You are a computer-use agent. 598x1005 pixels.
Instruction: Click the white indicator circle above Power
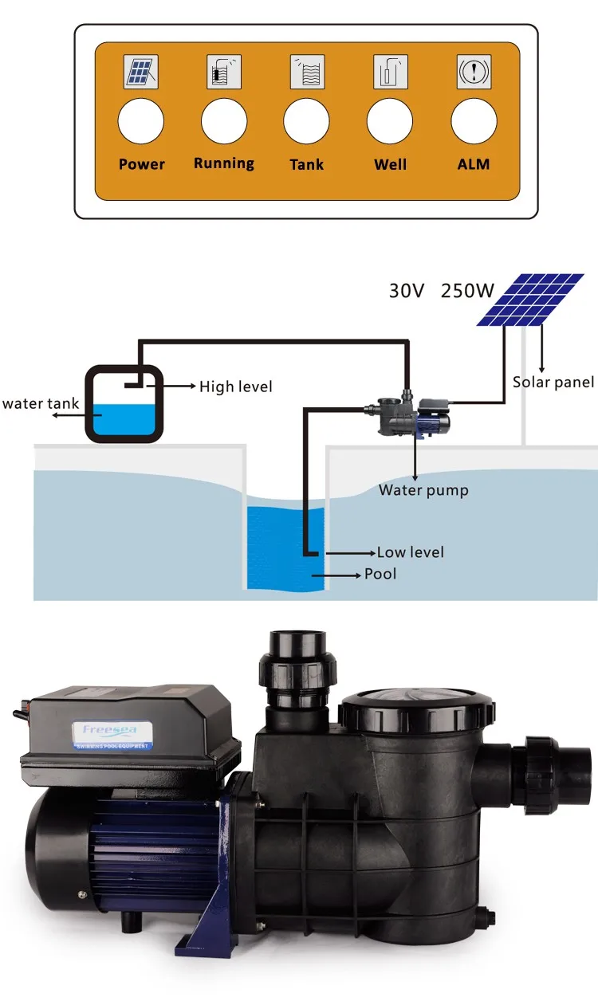pos(141,123)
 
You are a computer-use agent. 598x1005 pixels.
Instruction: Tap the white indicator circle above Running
pos(224,123)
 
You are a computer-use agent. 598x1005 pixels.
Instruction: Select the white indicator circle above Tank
pos(307,123)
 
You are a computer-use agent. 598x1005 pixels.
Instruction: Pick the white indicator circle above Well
pos(390,123)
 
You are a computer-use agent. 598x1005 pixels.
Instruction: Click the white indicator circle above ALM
pos(474,123)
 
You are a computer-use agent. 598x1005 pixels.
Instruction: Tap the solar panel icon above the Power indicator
pos(141,73)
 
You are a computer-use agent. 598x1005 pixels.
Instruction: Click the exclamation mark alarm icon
pos(474,73)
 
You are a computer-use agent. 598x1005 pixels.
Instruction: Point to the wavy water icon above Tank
pos(307,73)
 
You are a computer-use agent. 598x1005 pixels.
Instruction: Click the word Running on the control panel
pos(224,163)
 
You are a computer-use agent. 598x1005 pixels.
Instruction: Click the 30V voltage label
pos(407,290)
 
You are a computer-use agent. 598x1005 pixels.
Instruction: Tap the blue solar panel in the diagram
pos(530,299)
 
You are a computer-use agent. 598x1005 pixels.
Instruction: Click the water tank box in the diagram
pos(124,402)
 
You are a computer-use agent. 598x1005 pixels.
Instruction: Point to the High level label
pos(235,387)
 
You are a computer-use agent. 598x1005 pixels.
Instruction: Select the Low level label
pos(411,552)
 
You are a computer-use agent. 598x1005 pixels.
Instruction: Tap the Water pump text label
pos(423,490)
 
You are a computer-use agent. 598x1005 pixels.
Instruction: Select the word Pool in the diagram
pos(380,574)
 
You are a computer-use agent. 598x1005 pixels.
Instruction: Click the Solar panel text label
pos(553,383)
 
